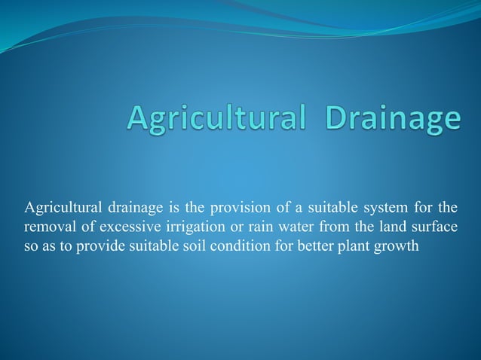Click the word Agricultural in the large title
(x=218, y=120)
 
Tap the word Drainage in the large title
(x=392, y=120)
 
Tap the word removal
(x=47, y=226)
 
